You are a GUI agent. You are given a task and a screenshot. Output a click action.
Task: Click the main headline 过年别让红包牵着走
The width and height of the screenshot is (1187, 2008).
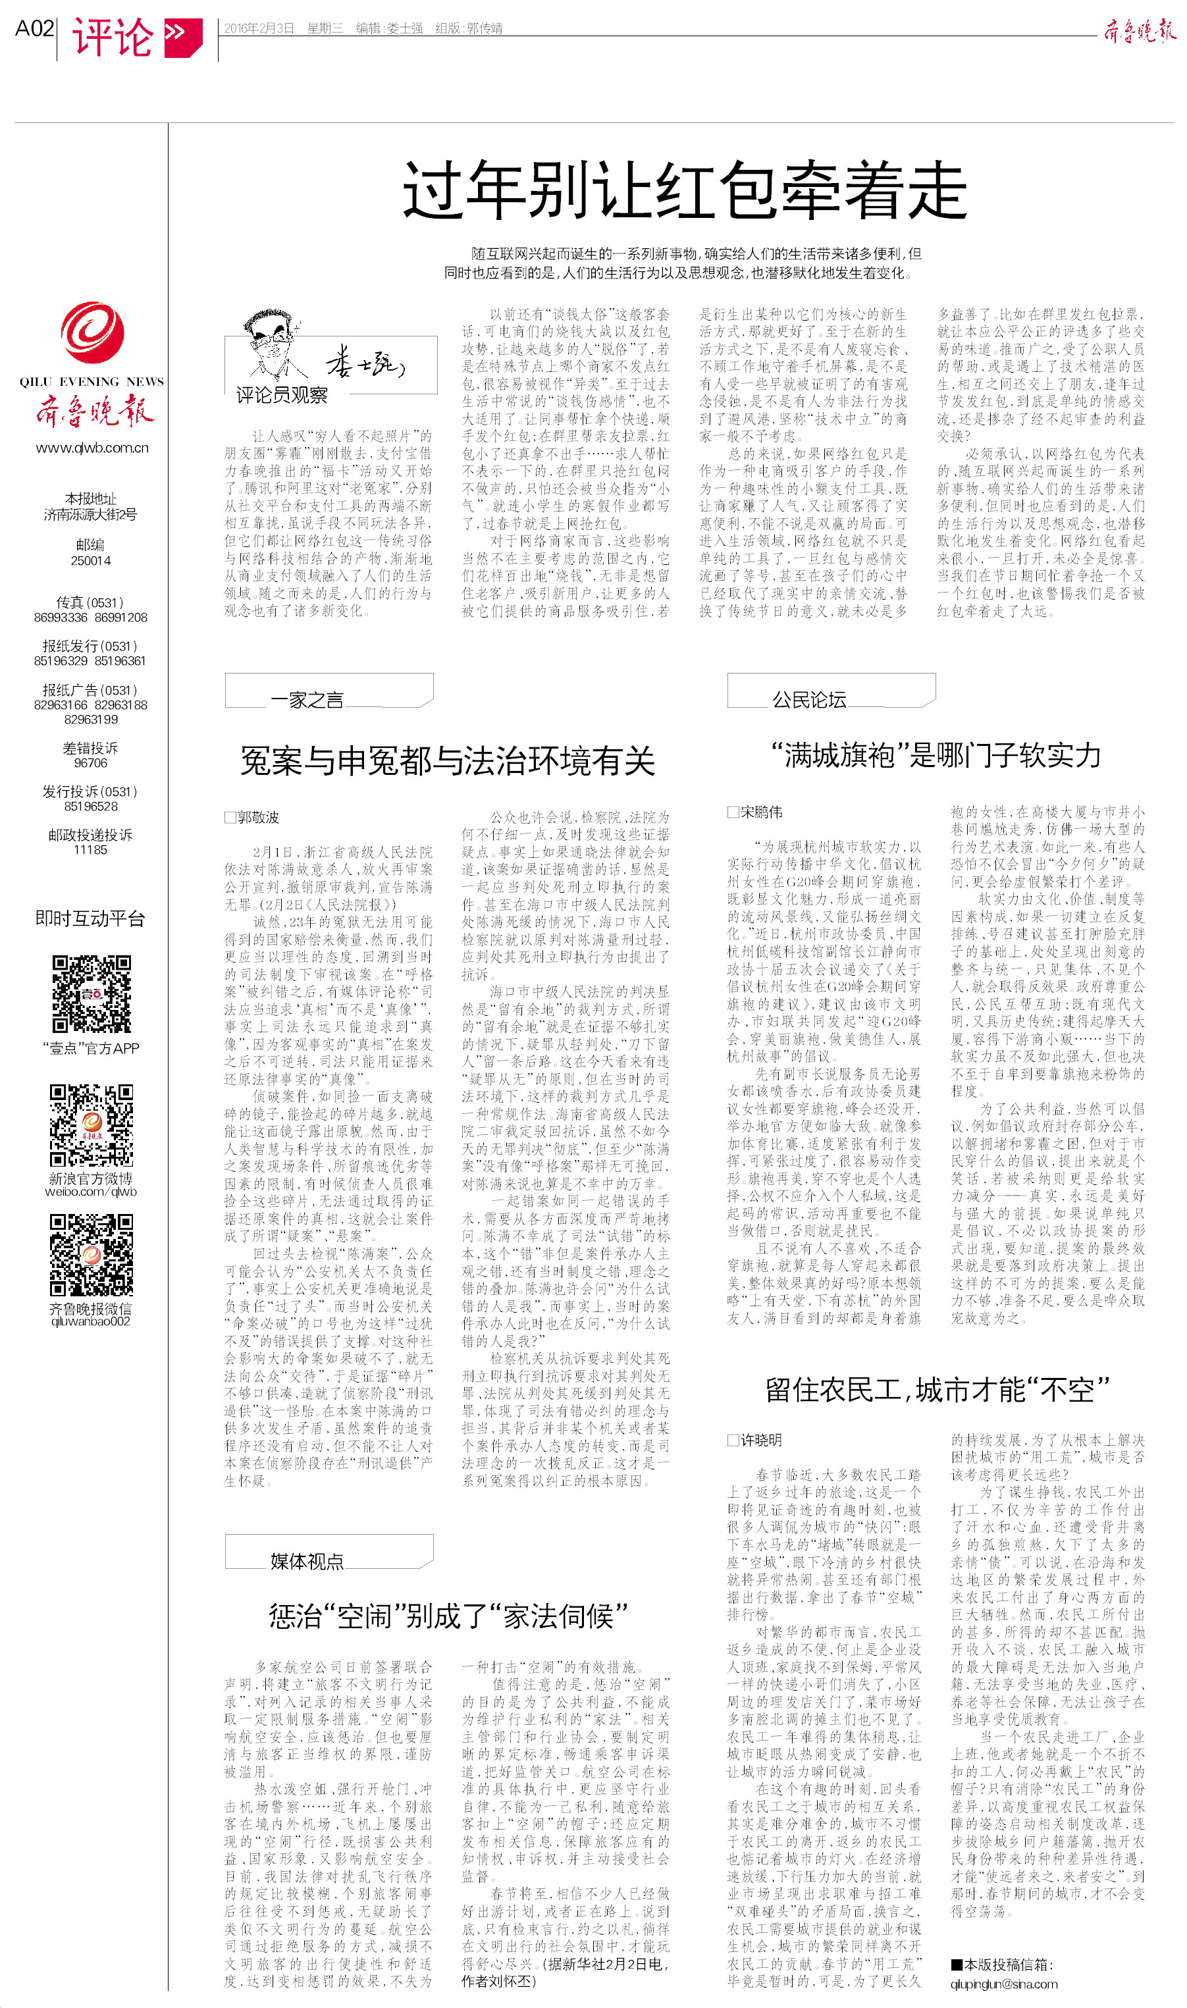tap(684, 190)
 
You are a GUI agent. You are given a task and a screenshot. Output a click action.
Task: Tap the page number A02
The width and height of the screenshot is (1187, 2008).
tap(34, 29)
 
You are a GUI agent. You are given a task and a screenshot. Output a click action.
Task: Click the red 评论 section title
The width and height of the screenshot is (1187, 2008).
tap(112, 37)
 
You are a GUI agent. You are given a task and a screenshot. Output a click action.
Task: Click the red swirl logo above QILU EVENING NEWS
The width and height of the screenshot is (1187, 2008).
tap(92, 332)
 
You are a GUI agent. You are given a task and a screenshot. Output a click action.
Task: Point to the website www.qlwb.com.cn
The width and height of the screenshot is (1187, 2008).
tap(92, 448)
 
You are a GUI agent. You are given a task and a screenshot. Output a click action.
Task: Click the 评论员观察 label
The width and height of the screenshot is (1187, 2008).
tap(282, 394)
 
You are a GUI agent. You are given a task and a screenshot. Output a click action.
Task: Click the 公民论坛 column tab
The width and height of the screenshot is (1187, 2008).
tap(808, 700)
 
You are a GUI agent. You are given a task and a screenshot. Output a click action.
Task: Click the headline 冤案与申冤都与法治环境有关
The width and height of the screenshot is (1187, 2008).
tap(447, 760)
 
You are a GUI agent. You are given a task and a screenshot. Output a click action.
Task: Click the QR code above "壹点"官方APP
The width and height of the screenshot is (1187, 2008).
tap(92, 994)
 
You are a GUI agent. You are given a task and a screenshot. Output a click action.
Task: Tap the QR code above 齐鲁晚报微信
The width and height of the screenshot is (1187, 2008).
tap(92, 1255)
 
